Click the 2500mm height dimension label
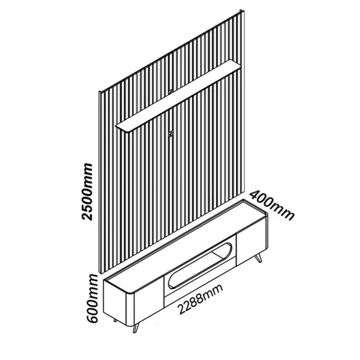tap(88, 192)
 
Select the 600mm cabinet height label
tap(92, 298)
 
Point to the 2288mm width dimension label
tap(200, 299)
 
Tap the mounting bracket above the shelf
tap(170, 91)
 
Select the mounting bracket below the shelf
tap(170, 133)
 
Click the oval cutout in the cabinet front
tap(200, 265)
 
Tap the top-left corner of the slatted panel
tap(99, 92)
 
